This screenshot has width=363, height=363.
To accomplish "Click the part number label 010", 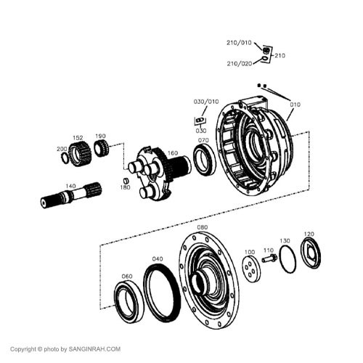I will pos(295,105).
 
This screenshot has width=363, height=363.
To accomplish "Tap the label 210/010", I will pos(239,42).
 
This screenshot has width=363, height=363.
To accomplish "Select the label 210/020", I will pos(239,64).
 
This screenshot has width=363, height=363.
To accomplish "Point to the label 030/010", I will pos(205,102).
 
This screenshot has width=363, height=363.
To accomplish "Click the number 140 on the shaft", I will pos(70,186).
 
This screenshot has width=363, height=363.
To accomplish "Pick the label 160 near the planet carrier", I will pos(172,153).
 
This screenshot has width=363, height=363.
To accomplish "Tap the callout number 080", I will pos(202,227).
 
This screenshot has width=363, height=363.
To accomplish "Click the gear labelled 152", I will pos(82,150).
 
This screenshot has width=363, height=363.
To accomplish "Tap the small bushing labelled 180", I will pos(124,179).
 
